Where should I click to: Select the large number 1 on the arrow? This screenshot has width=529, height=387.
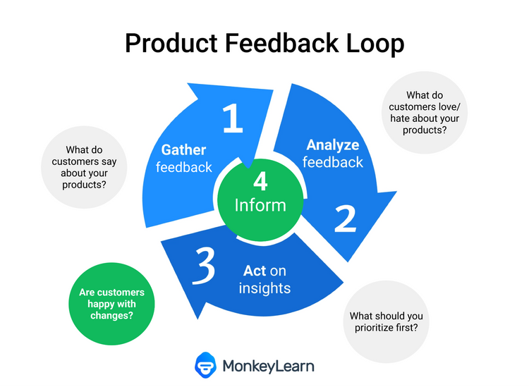click(x=232, y=118)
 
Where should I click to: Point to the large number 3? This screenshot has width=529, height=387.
click(x=202, y=266)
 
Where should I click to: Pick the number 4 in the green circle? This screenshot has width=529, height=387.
click(x=261, y=182)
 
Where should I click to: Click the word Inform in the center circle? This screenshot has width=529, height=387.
click(x=261, y=205)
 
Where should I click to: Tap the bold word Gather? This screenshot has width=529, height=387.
click(x=183, y=149)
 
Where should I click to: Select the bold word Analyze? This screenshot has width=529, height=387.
click(x=333, y=145)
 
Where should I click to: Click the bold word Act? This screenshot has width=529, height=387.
click(x=255, y=271)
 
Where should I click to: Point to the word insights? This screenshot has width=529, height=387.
click(x=264, y=288)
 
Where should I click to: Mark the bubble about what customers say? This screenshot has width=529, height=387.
click(x=85, y=167)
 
